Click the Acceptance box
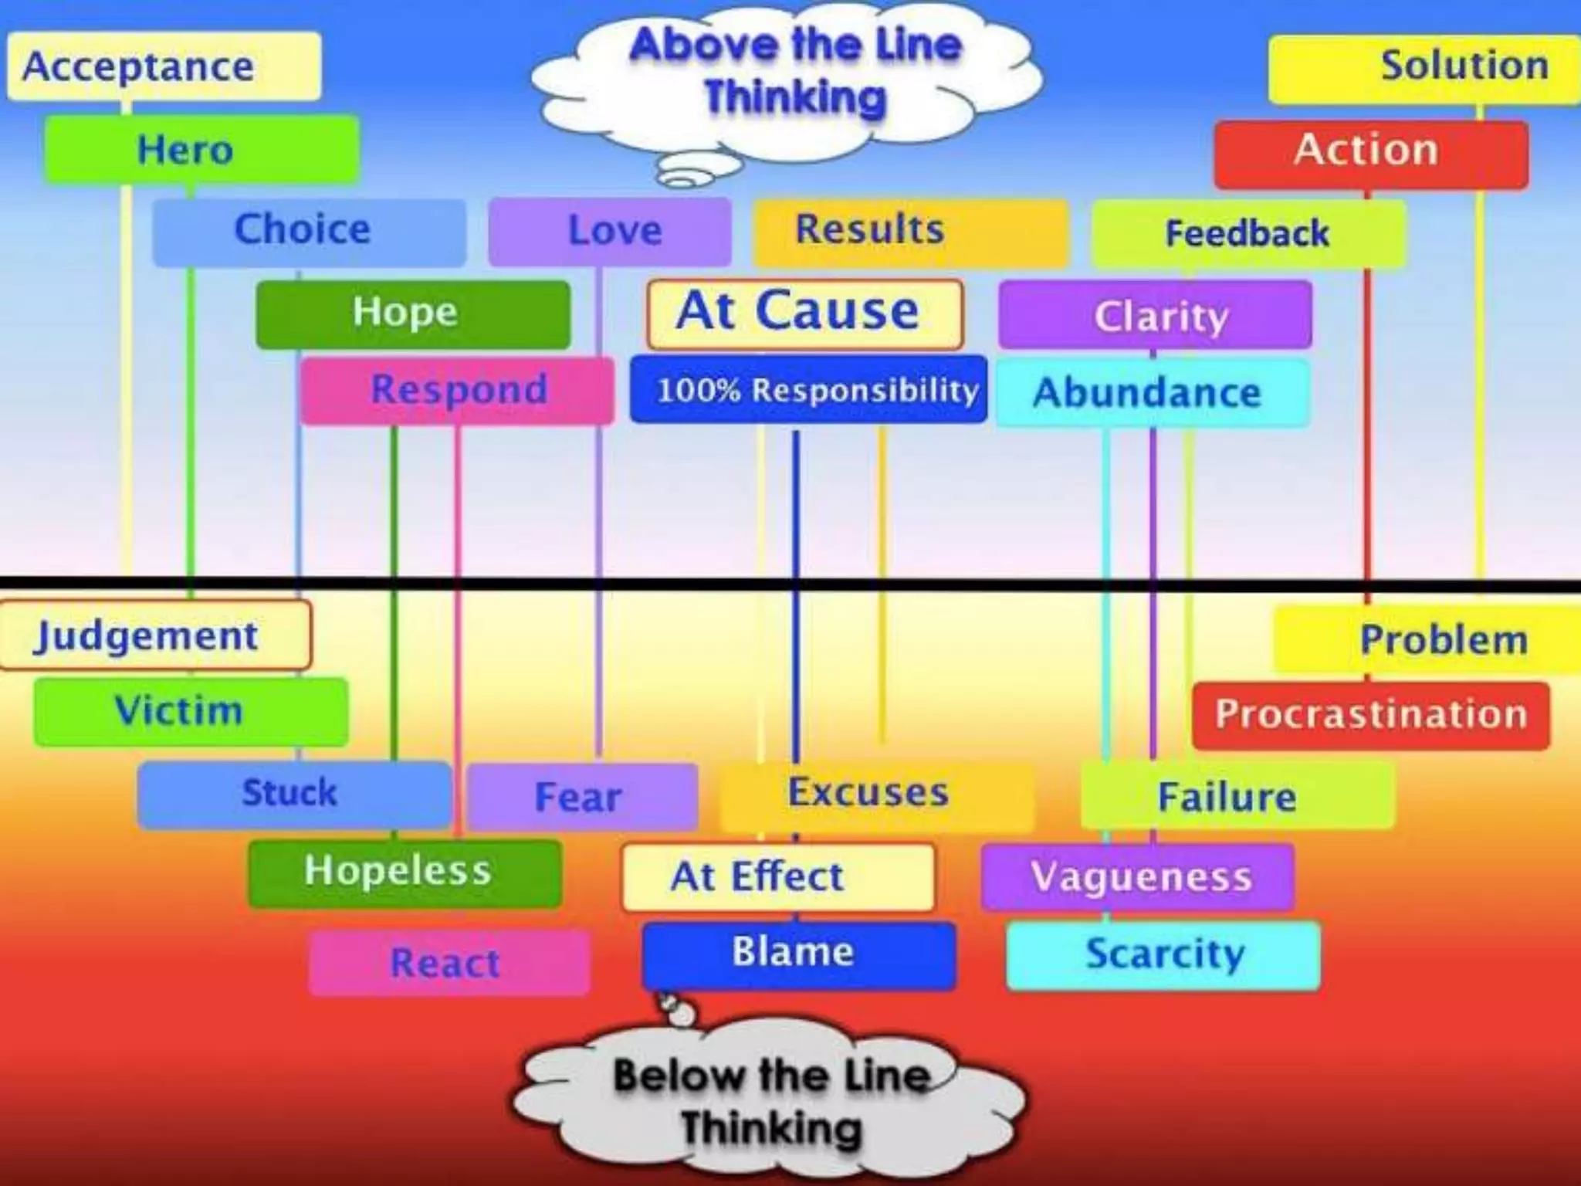coord(164,66)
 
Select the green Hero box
coord(201,150)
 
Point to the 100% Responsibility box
coord(808,390)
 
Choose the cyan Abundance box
coord(1152,392)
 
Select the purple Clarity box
coord(1155,316)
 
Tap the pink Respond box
coord(457,390)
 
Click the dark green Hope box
coord(413,314)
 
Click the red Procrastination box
coord(1370,715)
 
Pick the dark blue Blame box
coord(798,954)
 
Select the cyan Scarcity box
coord(1163,955)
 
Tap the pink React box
coord(449,962)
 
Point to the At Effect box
coord(777,877)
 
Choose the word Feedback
coord(1247,234)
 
